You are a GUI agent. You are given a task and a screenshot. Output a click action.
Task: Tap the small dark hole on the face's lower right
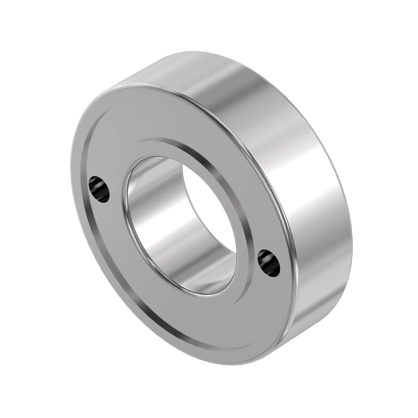[268, 262]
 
